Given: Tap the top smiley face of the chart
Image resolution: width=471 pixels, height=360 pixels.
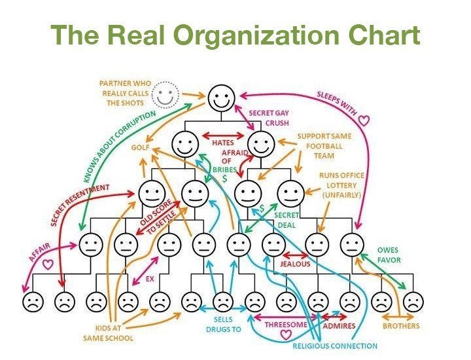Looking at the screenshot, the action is tap(222, 99).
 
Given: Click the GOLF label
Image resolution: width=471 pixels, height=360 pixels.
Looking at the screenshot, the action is tap(141, 148).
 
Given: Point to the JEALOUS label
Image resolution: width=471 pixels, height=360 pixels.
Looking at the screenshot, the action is tap(295, 264).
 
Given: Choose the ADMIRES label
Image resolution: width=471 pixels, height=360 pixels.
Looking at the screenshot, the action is tap(340, 325).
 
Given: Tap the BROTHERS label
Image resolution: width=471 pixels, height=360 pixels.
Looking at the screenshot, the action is tap(401, 325).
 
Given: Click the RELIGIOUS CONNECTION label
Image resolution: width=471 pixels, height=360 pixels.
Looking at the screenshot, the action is tap(334, 346).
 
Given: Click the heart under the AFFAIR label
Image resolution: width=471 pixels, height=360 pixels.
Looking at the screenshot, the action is tap(47, 265).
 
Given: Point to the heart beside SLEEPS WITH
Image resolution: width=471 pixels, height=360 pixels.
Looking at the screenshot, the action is tap(365, 120).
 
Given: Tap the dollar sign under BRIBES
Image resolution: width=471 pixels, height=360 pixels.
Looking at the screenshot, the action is tap(224, 178).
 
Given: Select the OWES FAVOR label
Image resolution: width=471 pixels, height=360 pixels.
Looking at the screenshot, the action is tap(388, 255).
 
